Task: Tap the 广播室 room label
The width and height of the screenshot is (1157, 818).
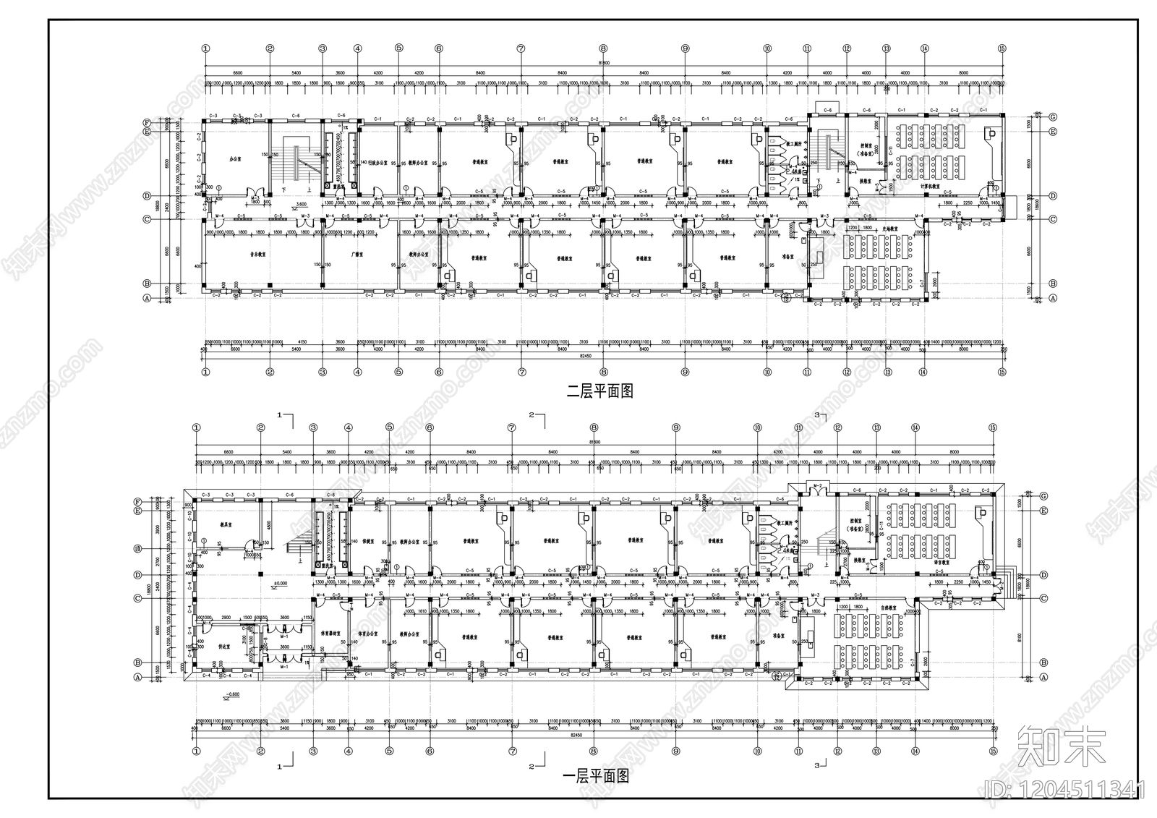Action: tap(356, 255)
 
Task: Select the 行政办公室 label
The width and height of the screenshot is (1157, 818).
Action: tap(379, 163)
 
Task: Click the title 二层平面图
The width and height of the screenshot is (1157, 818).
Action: tap(599, 391)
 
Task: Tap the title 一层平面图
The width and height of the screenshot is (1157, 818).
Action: tap(595, 777)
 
